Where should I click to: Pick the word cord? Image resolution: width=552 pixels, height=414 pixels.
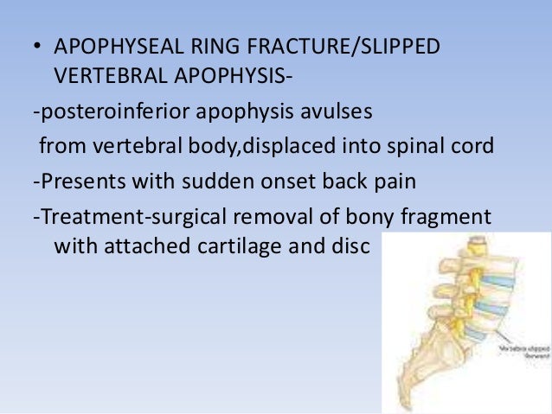point(473,144)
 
